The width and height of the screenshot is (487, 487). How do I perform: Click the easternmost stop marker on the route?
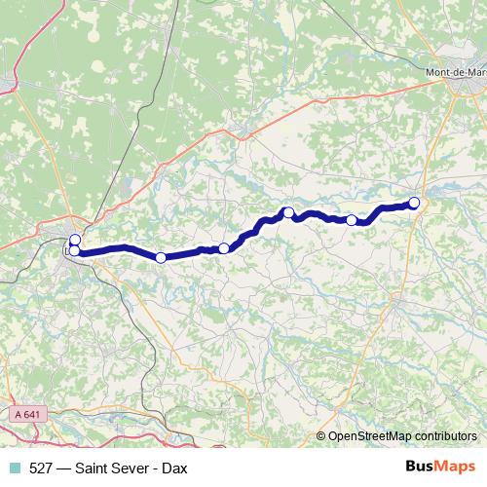pyautogui.click(x=414, y=203)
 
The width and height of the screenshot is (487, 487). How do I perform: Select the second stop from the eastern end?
pyautogui.click(x=352, y=220)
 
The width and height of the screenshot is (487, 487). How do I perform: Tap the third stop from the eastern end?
pyautogui.click(x=288, y=212)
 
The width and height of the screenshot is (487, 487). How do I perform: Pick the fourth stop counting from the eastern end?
pyautogui.click(x=224, y=248)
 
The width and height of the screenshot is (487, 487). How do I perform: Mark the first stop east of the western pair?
pyautogui.click(x=161, y=257)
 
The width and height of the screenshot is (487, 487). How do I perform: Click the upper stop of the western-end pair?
pyautogui.click(x=75, y=240)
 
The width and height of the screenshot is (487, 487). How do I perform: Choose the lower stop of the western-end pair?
pyautogui.click(x=74, y=251)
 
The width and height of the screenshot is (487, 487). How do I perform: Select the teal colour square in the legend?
pyautogui.click(x=13, y=468)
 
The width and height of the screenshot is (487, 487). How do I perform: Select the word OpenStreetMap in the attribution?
pyautogui.click(x=373, y=437)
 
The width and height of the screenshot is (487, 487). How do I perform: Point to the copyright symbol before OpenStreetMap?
pyautogui.click(x=321, y=437)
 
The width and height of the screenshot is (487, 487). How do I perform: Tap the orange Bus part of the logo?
pyautogui.click(x=420, y=468)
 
